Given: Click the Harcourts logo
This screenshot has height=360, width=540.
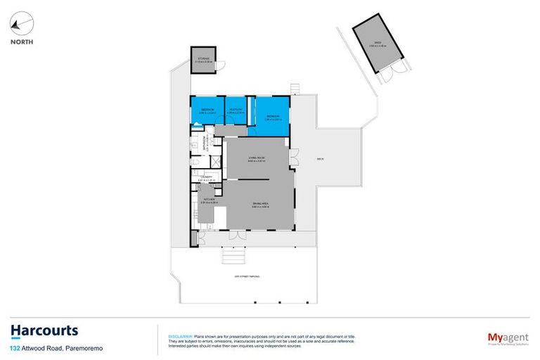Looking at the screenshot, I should click(x=44, y=330).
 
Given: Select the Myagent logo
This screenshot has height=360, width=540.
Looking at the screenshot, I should click(x=507, y=337).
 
